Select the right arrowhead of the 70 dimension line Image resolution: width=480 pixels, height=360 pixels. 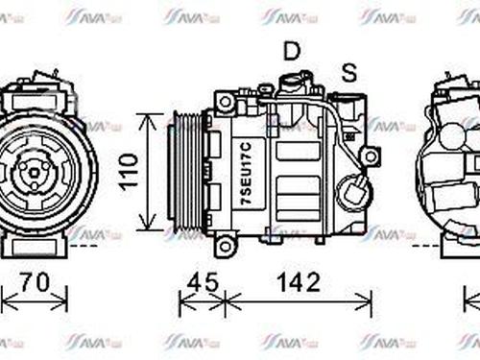(x=67, y=304)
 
